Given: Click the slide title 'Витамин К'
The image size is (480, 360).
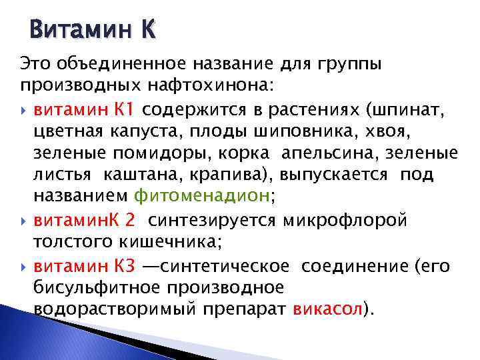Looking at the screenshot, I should coord(93,30).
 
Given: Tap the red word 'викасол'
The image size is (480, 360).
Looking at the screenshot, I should coord(327,310).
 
